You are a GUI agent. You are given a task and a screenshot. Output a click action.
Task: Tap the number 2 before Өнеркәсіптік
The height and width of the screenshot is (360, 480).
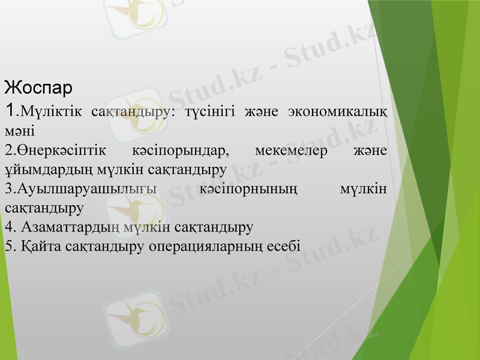coord(7,150)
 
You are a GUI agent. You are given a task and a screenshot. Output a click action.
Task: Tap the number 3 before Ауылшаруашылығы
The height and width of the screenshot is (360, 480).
coord(7,189)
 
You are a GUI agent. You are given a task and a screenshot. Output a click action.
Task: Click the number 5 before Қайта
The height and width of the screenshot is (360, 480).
coord(7,246)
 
